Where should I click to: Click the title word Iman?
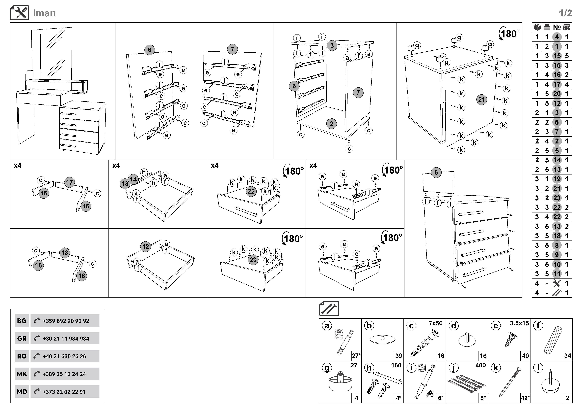(44, 13)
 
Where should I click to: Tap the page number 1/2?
(565, 13)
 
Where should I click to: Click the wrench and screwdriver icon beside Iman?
(20, 13)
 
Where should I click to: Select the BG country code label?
(22, 321)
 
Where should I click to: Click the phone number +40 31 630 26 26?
(64, 356)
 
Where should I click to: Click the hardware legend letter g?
(327, 368)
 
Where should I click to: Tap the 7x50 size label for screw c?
(435, 323)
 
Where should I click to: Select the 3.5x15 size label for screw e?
(519, 323)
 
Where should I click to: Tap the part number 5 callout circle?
(436, 172)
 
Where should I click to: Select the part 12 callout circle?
(146, 247)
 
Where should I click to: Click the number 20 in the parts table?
(557, 94)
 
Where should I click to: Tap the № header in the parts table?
(557, 27)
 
